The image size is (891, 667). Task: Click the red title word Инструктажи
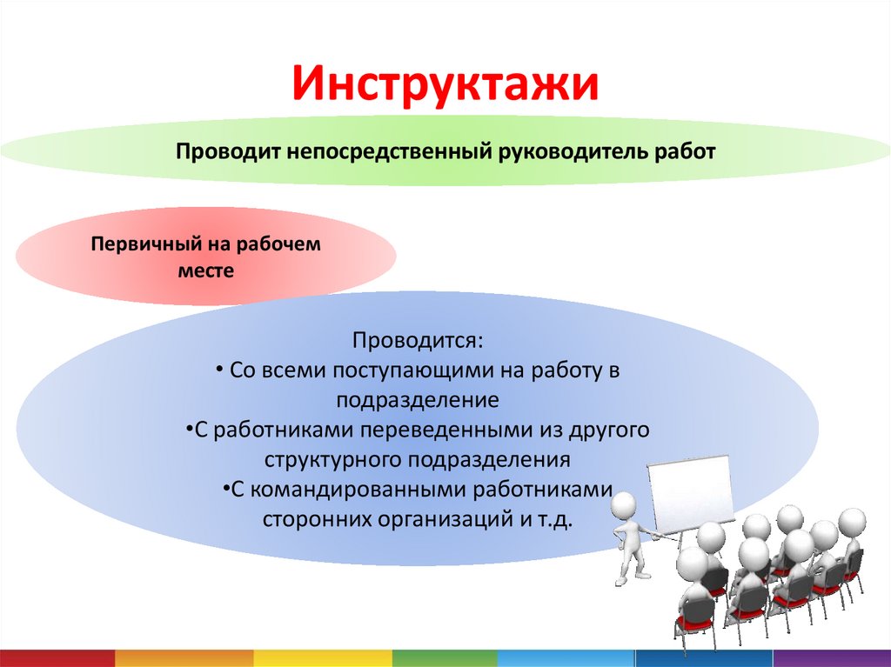click(445, 84)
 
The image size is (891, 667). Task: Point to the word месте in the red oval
click(205, 270)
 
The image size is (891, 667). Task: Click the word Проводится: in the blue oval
click(419, 340)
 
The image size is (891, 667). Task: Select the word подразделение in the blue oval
click(418, 401)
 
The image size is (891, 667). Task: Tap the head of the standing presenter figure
click(625, 505)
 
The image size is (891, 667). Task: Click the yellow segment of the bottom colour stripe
click(323, 658)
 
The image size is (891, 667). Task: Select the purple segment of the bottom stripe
click(832, 658)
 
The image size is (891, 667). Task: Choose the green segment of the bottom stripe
click(445, 658)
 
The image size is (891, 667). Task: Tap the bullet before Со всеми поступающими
click(220, 370)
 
